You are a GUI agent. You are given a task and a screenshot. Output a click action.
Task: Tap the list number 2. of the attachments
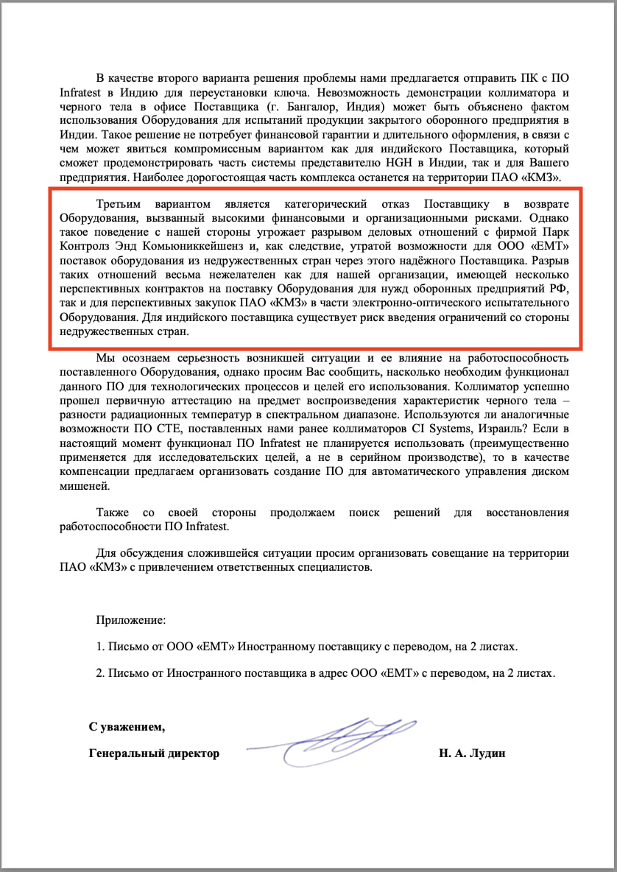tap(101, 672)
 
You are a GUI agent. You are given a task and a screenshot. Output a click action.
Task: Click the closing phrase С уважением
tap(127, 727)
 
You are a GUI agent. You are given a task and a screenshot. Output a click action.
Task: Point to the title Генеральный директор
tap(154, 753)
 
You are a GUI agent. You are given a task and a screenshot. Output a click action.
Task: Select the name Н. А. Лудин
tap(471, 753)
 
